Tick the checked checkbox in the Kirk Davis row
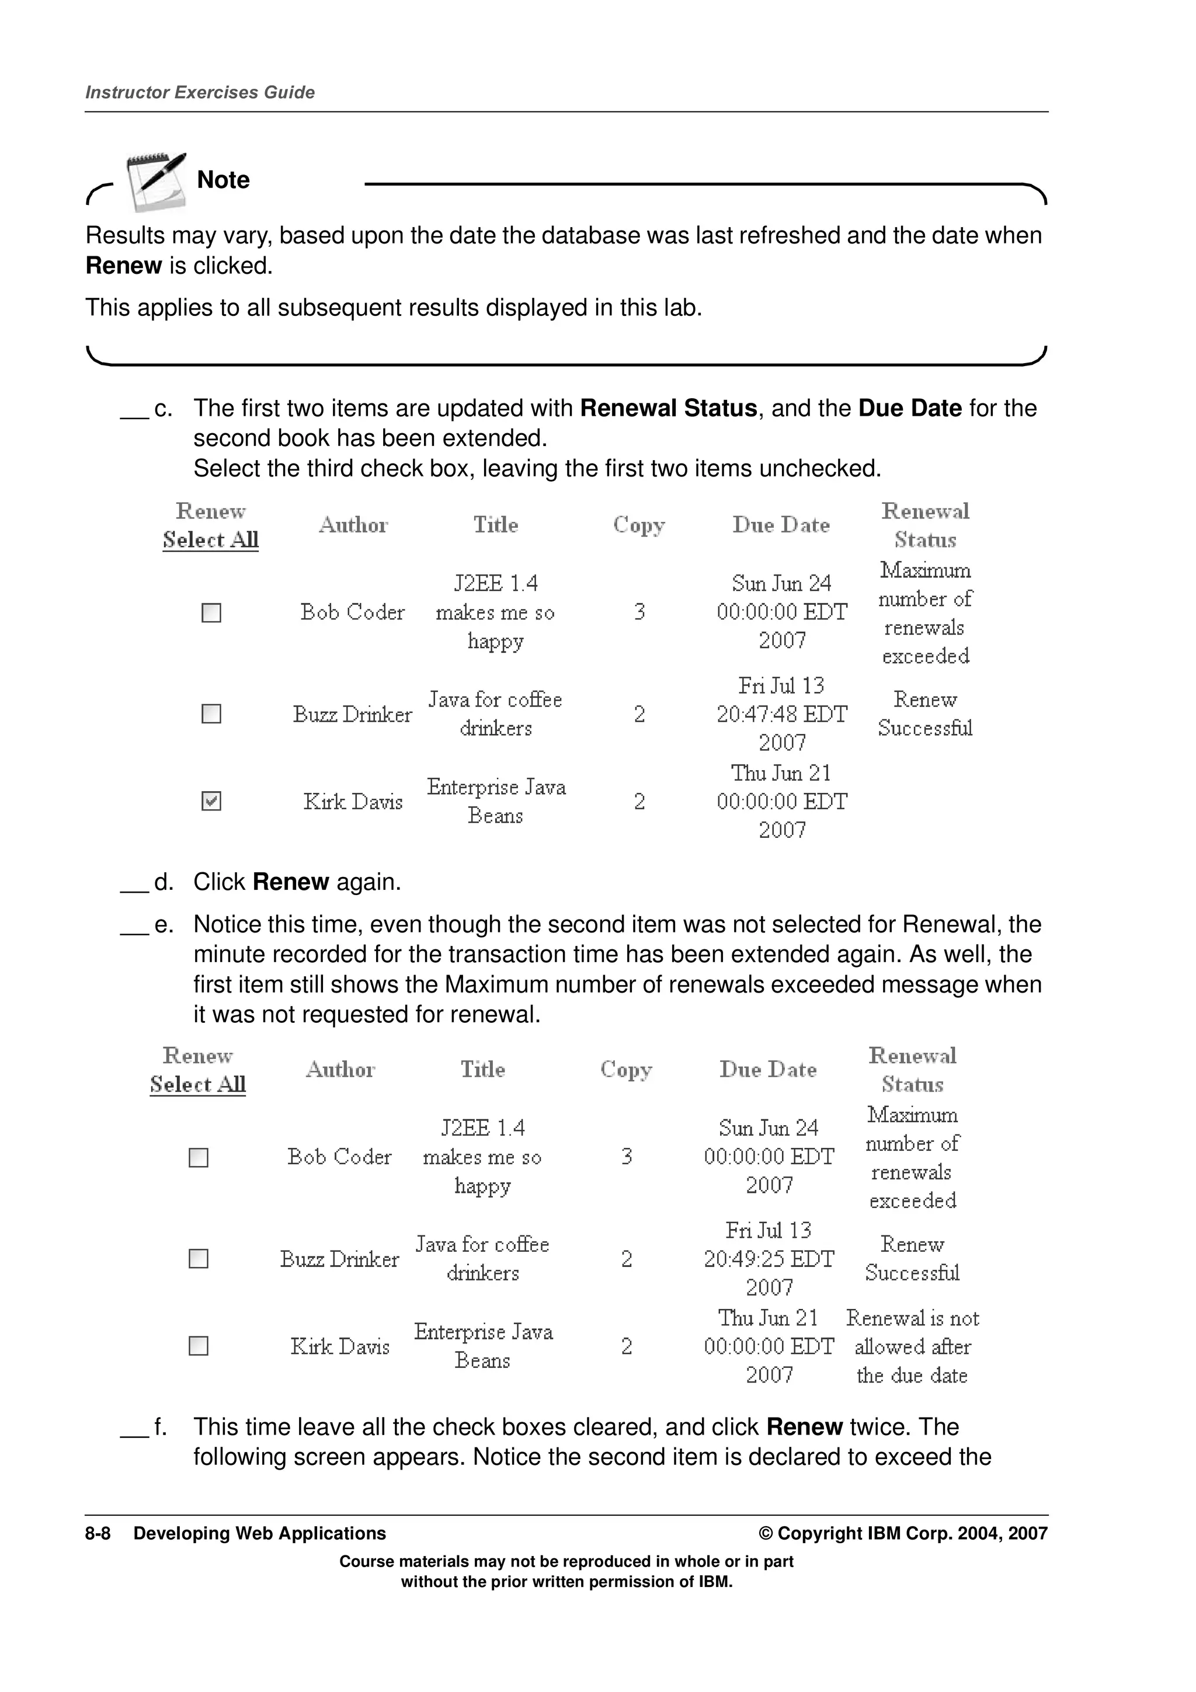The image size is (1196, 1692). (211, 801)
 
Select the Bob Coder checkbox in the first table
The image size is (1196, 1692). (211, 612)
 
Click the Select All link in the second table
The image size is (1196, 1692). (197, 1084)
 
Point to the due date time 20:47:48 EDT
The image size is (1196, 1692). (782, 714)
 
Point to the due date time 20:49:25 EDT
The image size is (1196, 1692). (769, 1259)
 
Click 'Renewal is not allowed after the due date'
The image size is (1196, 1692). (912, 1346)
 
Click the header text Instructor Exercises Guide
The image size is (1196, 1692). (200, 92)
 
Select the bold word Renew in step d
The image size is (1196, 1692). (290, 882)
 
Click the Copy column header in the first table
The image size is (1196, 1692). (639, 525)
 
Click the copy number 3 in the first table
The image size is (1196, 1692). (639, 612)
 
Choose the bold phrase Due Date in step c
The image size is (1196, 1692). (910, 408)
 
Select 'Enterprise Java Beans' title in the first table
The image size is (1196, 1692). (496, 801)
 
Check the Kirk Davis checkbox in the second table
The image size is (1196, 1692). (198, 1346)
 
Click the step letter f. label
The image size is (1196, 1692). (160, 1427)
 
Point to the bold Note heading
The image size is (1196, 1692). (223, 180)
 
